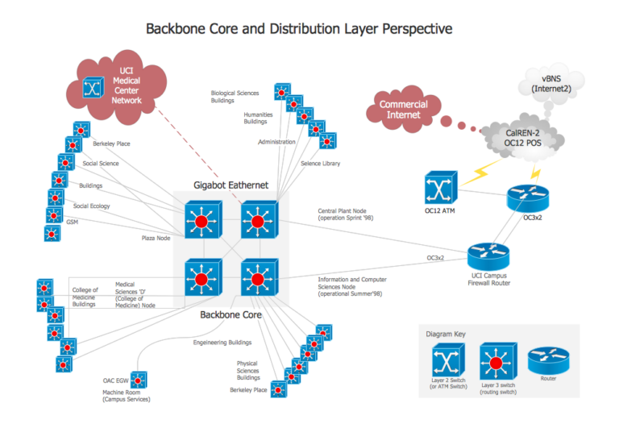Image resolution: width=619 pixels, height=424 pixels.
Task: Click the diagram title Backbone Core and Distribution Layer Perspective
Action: click(299, 28)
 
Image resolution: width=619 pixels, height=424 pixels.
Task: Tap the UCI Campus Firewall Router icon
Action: click(490, 256)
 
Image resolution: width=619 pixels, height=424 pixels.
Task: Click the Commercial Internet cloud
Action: click(403, 110)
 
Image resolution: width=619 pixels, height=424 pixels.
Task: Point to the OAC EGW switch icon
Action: click(139, 380)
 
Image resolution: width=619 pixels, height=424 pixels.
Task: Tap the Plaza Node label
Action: click(156, 238)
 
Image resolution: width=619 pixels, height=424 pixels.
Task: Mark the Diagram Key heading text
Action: click(446, 333)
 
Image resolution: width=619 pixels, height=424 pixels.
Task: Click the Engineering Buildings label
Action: click(222, 342)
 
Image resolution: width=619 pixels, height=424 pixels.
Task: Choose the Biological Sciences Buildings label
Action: click(235, 98)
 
